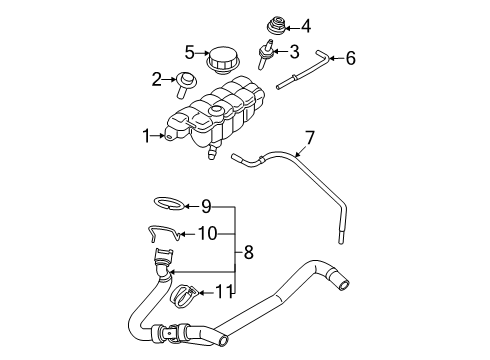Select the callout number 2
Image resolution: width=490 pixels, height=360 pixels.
pyautogui.click(x=157, y=79)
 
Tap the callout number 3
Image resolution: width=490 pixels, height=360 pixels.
pyautogui.click(x=293, y=50)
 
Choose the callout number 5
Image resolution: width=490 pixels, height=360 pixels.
pyautogui.click(x=188, y=52)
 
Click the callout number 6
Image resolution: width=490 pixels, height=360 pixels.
pyautogui.click(x=349, y=58)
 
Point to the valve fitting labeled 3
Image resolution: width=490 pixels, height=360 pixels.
pyautogui.click(x=268, y=50)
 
